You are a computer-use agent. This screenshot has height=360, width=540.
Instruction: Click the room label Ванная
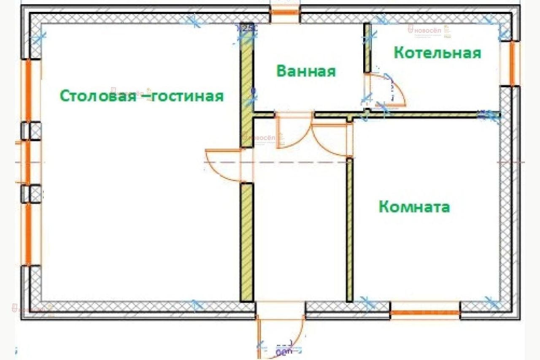[306, 71]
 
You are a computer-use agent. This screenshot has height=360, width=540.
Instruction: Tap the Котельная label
[437, 53]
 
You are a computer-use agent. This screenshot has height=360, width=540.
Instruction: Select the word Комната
[414, 207]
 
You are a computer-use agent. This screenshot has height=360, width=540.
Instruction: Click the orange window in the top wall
[284, 12]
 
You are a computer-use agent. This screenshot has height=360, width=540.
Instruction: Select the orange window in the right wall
[513, 64]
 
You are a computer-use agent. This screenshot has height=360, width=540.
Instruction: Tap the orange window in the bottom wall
[425, 313]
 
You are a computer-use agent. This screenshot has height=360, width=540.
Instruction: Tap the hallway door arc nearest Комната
[331, 139]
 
